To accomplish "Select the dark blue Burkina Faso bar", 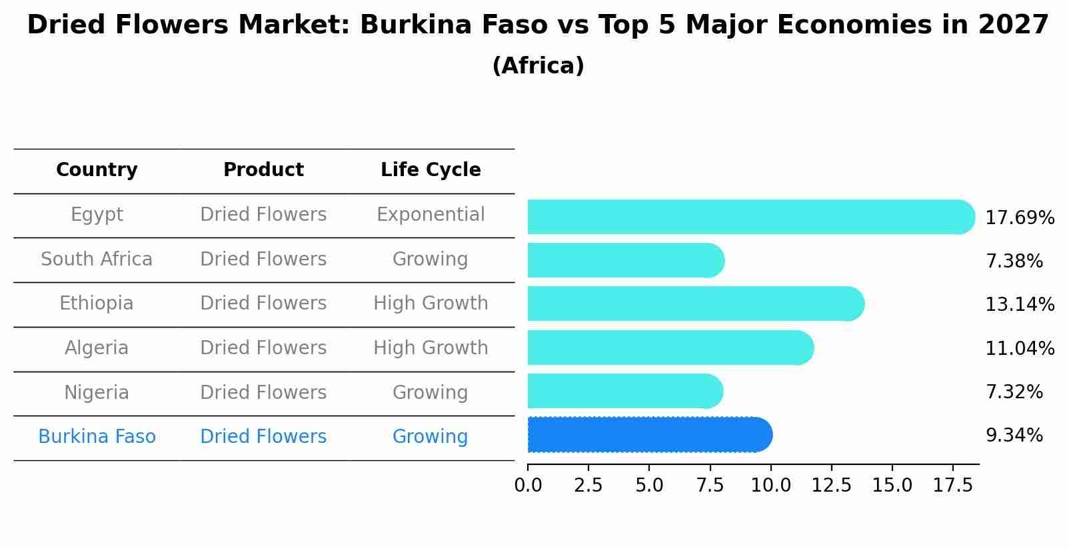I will [650, 435].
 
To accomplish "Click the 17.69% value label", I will [1019, 218].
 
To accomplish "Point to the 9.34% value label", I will [1014, 436].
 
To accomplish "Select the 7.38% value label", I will [1014, 261].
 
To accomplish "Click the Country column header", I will [97, 170].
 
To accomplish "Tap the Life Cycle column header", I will [431, 170].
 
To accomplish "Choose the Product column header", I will [263, 170].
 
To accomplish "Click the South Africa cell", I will [97, 259].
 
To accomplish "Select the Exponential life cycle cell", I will [431, 215].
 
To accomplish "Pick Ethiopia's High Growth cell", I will [431, 304].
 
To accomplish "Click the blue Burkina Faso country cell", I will [97, 437].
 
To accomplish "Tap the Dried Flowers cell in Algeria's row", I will [263, 348].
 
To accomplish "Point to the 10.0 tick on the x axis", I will [770, 485].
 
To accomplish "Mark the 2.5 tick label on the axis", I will [588, 485].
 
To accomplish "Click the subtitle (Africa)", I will [538, 66].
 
